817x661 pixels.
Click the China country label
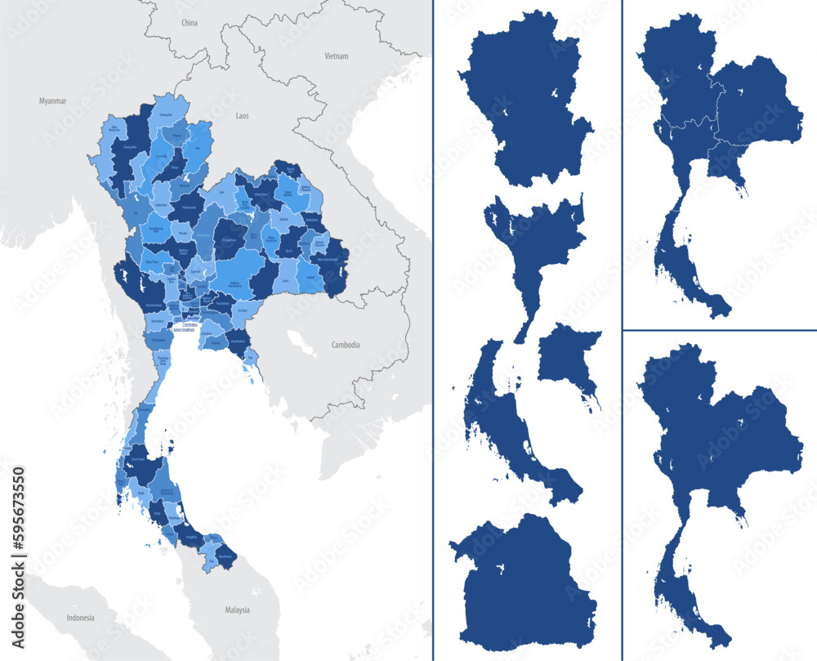[190, 24]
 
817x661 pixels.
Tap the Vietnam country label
[337, 56]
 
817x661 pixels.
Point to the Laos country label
[242, 117]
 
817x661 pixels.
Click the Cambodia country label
[346, 345]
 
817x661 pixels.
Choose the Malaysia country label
[237, 610]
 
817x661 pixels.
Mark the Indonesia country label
[81, 617]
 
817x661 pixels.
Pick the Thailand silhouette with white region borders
[719, 163]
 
